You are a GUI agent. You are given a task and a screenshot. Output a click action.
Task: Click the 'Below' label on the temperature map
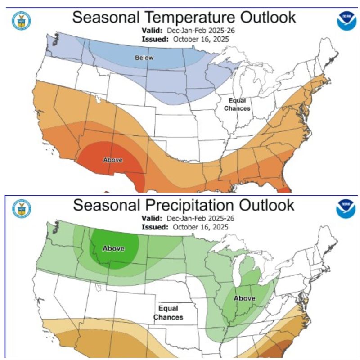coord(144,58)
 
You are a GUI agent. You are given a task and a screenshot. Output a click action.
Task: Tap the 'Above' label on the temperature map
coord(113,160)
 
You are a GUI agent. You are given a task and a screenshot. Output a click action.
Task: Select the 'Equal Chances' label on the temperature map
coord(237,104)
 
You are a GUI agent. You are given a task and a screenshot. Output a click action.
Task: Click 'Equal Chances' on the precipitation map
coord(168,313)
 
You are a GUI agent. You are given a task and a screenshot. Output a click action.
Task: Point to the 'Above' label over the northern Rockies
coord(113,248)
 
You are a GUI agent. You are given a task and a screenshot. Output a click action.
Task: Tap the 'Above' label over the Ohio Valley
coord(244,298)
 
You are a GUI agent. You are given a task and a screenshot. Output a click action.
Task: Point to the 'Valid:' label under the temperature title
coord(151,31)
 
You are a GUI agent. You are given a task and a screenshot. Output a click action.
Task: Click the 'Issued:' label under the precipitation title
coord(154,227)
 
